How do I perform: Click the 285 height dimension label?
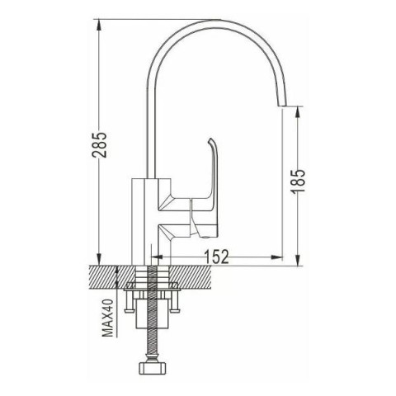coord(99,144)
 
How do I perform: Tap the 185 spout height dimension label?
coord(299,181)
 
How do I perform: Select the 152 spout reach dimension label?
coord(217,257)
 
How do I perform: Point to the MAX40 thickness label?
coord(108,318)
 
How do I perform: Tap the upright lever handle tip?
coord(210,140)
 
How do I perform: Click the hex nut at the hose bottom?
coord(152,368)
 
